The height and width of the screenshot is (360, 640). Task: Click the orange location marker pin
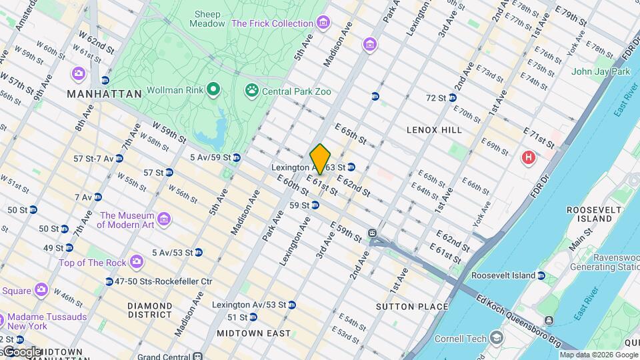(320, 159)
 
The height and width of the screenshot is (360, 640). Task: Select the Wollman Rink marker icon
(213, 89)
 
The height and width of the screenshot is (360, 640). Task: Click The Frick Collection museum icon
(323, 24)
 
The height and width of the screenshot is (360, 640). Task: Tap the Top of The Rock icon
(137, 261)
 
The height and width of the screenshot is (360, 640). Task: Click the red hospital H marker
(529, 158)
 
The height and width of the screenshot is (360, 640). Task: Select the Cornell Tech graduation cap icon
(496, 339)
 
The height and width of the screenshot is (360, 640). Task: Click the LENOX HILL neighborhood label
(434, 130)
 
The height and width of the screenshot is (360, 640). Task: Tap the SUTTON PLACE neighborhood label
(412, 307)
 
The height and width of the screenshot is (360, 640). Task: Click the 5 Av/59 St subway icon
(236, 158)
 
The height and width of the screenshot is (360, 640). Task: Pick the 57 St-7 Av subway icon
(119, 159)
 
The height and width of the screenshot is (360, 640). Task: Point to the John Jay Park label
(600, 71)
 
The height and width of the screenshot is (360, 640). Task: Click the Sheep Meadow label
(207, 19)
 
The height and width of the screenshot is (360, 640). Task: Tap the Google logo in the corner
(21, 351)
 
